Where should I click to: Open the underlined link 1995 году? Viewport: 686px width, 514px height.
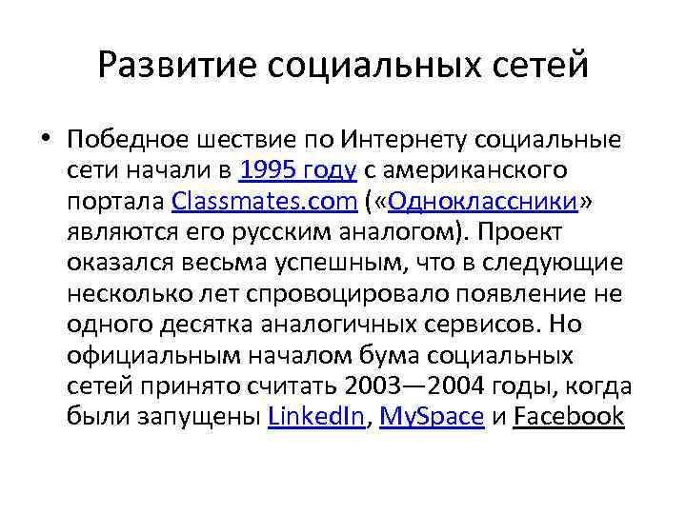coord(298,171)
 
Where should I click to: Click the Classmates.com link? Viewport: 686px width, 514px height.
coord(263,202)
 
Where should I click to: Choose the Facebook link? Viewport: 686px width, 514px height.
coord(569,416)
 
